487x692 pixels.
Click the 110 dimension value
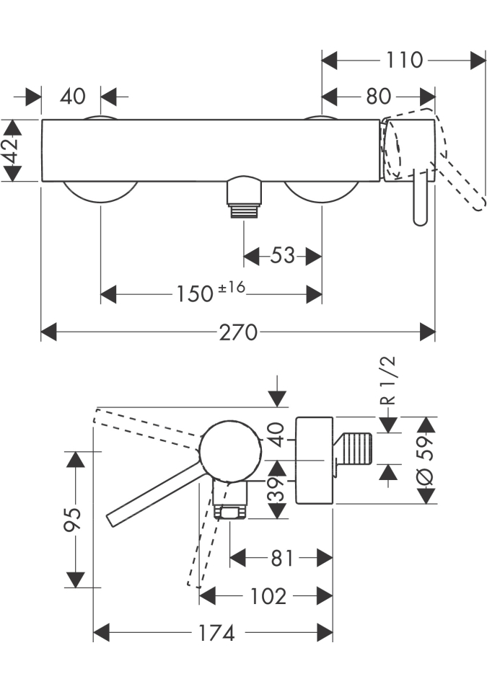click(404, 60)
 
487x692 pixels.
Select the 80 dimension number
click(378, 96)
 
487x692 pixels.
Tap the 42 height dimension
click(12, 150)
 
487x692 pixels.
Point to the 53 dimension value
click(282, 255)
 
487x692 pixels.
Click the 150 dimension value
click(195, 294)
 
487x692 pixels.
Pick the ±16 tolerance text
click(232, 288)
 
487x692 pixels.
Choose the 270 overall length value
click(238, 332)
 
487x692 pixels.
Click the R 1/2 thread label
click(388, 381)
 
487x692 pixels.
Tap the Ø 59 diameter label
click(426, 461)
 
